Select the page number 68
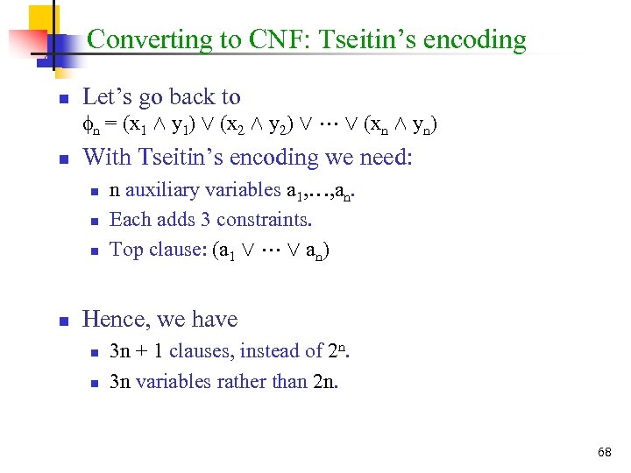click(x=604, y=452)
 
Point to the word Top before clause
click(x=125, y=250)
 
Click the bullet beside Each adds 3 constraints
click(x=95, y=221)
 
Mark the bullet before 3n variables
click(x=95, y=383)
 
